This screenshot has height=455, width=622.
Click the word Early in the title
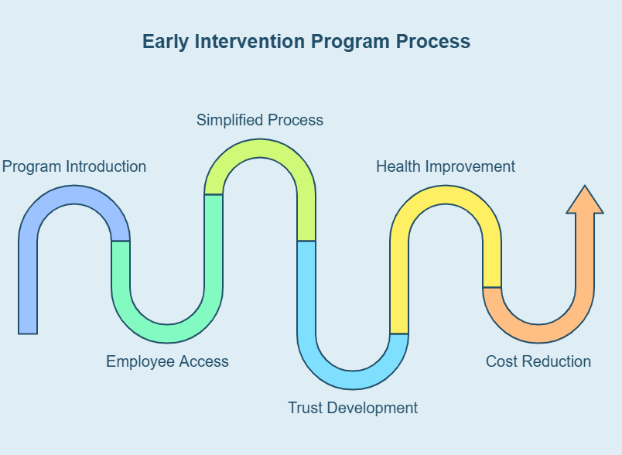click(x=166, y=41)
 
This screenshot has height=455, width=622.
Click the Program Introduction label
click(x=74, y=166)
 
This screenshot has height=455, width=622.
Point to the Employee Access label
click(x=167, y=361)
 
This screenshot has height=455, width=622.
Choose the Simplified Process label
click(x=260, y=120)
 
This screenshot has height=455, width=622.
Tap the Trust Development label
click(x=353, y=408)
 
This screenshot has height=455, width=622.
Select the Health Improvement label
click(x=446, y=166)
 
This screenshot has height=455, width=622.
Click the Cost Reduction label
click(x=538, y=361)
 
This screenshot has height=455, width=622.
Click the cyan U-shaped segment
click(x=353, y=379)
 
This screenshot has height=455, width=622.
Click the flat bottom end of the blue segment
click(x=28, y=331)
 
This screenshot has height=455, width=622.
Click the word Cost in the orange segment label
click(x=501, y=361)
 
